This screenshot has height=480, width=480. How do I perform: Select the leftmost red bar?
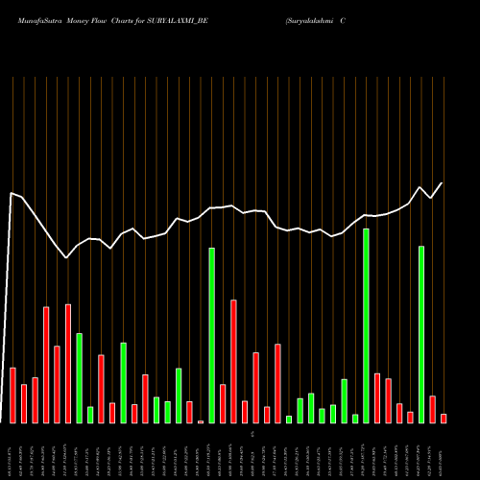coord(12,396)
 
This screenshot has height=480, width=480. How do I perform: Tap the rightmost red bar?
coord(444,419)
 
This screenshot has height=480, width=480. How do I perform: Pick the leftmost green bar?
coord(79,378)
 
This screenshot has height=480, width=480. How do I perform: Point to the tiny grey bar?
coord(201,421)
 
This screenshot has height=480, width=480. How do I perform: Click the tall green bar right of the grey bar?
coord(211,336)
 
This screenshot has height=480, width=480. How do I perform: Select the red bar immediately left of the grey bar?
coord(189,412)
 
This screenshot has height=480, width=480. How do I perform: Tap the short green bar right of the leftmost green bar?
coord(90,415)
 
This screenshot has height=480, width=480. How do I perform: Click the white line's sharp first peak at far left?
coord(12,194)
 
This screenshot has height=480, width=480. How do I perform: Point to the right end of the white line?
coord(443,183)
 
